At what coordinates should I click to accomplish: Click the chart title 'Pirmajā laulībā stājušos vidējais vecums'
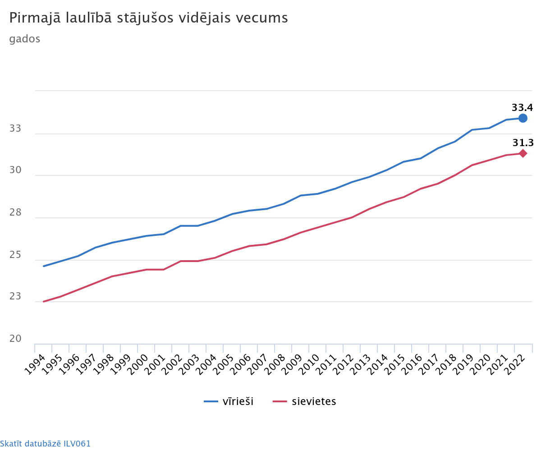coord(149,18)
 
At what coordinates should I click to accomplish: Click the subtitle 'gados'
coord(25,39)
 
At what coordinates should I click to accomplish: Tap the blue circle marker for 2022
coord(523,118)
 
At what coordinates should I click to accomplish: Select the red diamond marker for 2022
coord(523,153)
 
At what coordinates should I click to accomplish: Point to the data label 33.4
coord(522,107)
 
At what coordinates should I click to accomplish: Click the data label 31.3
coord(523,143)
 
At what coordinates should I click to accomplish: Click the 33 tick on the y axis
coord(15,129)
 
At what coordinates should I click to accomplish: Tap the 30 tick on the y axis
coord(15,170)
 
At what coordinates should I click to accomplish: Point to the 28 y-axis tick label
coord(15,213)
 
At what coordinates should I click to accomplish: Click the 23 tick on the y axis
coord(15,297)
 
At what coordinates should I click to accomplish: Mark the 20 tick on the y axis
coord(15,339)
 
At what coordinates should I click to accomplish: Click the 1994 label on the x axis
coord(35,364)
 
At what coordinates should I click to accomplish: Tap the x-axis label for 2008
coord(275,364)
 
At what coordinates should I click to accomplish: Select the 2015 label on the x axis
coord(394,364)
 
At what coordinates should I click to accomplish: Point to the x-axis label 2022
coord(514,364)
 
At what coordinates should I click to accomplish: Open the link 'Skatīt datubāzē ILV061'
coord(45,443)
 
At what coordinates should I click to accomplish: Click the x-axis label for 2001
coord(155,364)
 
